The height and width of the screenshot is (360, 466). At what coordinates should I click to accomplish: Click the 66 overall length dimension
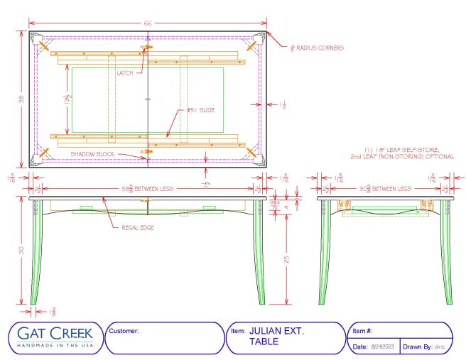pyautogui.click(x=148, y=23)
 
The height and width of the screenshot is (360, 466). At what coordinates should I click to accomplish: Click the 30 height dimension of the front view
pyautogui.click(x=21, y=249)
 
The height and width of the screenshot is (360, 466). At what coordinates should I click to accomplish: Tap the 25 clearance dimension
pyautogui.click(x=286, y=259)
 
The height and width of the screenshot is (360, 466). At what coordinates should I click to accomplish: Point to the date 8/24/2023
pyautogui.click(x=384, y=347)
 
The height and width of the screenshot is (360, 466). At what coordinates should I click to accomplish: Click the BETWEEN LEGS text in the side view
pyautogui.click(x=395, y=189)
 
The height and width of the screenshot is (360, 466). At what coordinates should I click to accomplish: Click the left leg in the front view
pyautogui.click(x=36, y=256)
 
